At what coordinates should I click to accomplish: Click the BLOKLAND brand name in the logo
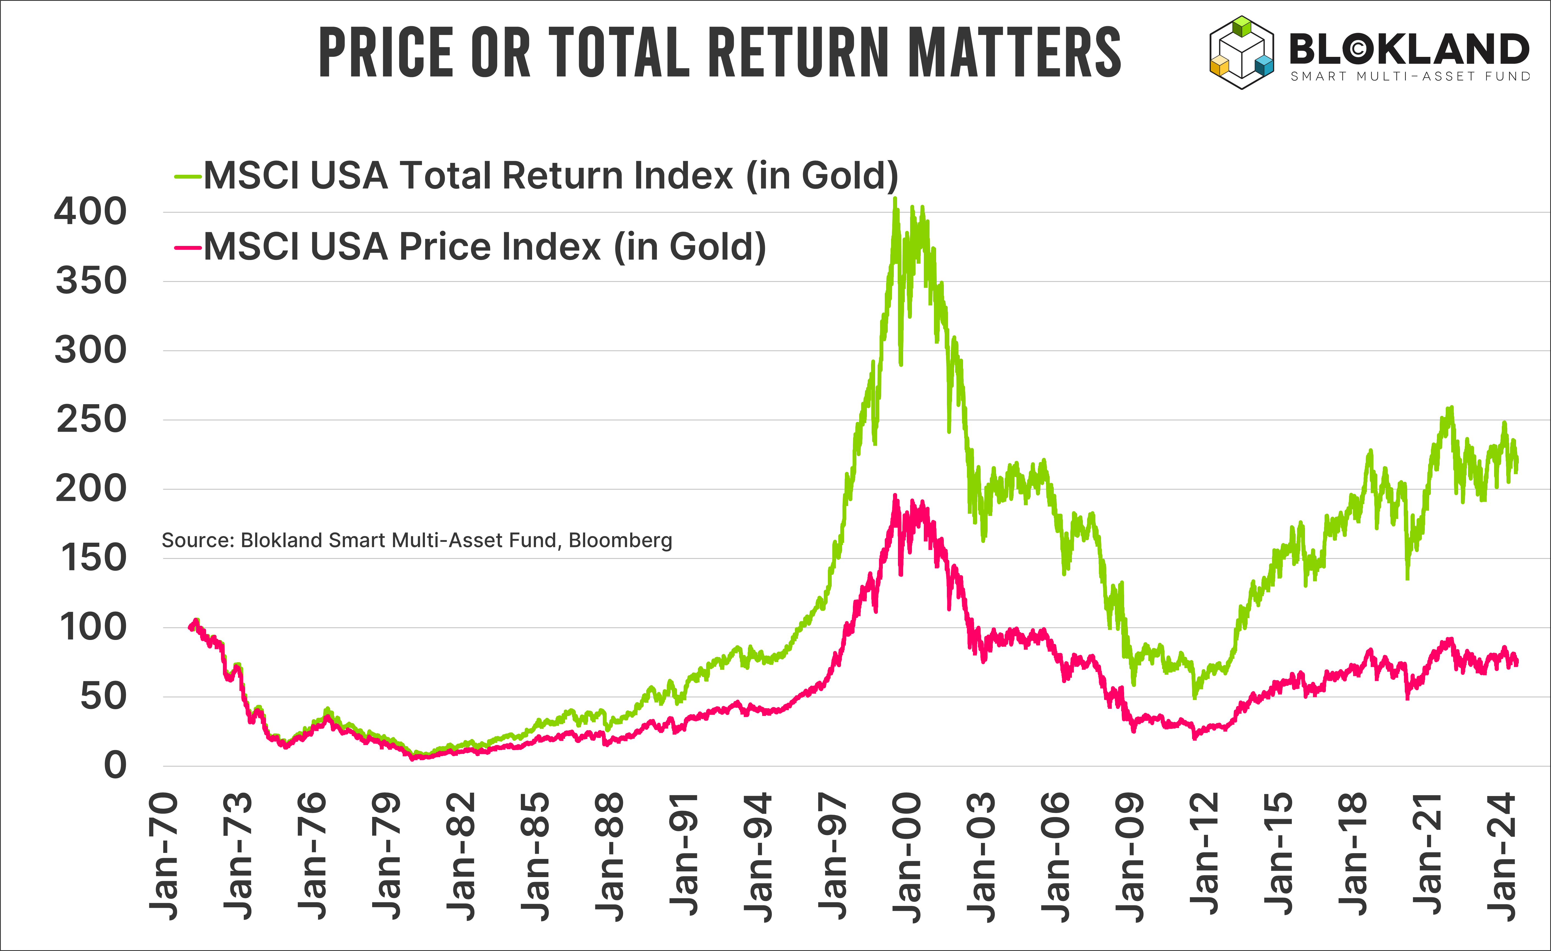pyautogui.click(x=1409, y=49)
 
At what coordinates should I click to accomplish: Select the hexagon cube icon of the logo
pyautogui.click(x=1241, y=52)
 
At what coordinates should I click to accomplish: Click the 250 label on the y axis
pyautogui.click(x=91, y=420)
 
